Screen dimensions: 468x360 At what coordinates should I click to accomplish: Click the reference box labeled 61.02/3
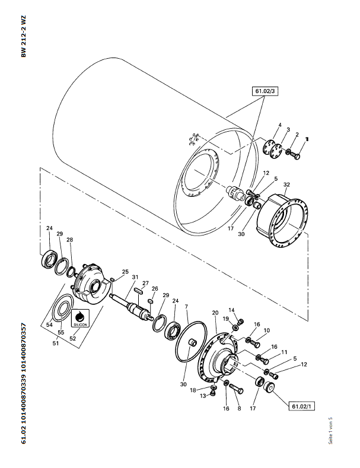[265, 91]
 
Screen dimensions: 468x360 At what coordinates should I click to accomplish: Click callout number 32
[286, 184]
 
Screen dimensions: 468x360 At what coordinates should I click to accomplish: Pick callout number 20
[215, 313]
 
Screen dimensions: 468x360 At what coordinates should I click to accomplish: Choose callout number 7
[186, 307]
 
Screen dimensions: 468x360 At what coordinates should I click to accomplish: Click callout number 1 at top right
[307, 138]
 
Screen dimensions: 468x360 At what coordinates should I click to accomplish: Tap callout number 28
[69, 240]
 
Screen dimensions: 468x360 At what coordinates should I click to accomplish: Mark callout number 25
[125, 272]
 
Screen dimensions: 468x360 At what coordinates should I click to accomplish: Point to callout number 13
[204, 396]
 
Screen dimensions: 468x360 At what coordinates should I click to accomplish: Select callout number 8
[239, 409]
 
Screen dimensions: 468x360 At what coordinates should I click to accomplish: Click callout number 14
[232, 310]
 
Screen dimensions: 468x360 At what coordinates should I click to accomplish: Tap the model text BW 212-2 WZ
[24, 37]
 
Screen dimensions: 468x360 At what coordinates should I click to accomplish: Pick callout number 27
[145, 284]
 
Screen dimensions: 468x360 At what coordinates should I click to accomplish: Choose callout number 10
[267, 330]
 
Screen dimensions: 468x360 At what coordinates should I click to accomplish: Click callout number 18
[193, 390]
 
